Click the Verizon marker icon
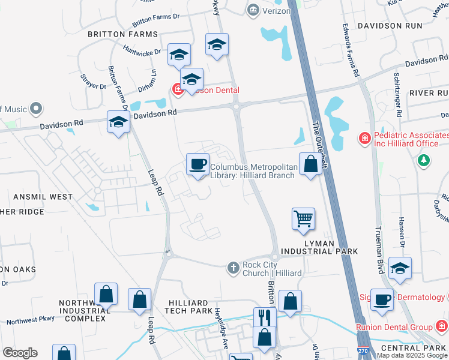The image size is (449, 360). [x=253, y=9]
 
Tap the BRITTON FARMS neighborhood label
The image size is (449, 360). [x=122, y=35]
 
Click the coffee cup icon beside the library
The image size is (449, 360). [x=197, y=164]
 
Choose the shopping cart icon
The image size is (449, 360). [x=303, y=218]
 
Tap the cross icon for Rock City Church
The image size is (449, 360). [x=234, y=266]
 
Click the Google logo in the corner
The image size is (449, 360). [x=20, y=353]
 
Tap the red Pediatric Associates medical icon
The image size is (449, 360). [x=364, y=139]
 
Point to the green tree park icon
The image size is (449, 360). [x=424, y=160]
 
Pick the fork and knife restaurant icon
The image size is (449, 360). [x=264, y=317]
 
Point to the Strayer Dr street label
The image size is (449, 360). [x=93, y=82]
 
